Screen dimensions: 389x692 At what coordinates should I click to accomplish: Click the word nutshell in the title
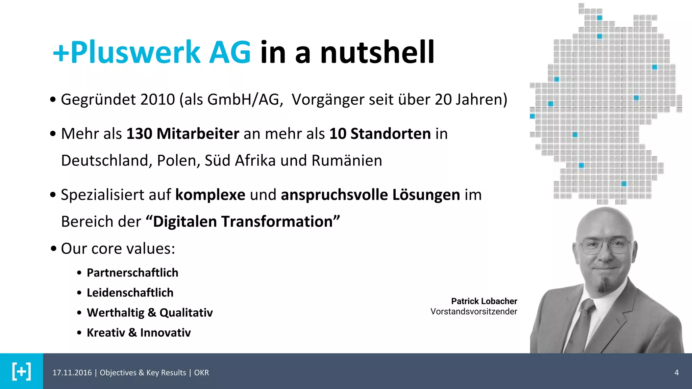[x=377, y=52]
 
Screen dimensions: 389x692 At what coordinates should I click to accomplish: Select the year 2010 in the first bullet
[x=157, y=100]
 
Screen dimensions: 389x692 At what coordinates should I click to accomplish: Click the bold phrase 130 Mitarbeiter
[x=183, y=134]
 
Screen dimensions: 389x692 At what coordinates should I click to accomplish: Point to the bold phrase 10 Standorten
[x=380, y=134]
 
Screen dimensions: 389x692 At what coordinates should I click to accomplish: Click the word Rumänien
[x=347, y=161]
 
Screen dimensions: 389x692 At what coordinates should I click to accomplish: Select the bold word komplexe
[x=210, y=195]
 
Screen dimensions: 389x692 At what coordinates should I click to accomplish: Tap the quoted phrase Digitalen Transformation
[x=243, y=222]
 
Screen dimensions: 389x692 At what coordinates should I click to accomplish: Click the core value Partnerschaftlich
[x=132, y=273]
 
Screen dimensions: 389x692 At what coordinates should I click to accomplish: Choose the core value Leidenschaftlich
[x=130, y=293]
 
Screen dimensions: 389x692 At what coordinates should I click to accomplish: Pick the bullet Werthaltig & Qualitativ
[x=150, y=313]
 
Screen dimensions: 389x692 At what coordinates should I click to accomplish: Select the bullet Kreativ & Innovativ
[x=139, y=333]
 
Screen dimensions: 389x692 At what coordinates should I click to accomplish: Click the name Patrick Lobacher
[x=484, y=301]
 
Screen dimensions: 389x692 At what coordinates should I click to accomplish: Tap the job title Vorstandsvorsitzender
[x=474, y=311]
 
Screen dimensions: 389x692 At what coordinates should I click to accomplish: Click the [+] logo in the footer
[x=22, y=371]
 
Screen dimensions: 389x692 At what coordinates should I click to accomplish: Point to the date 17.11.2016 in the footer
[x=72, y=373]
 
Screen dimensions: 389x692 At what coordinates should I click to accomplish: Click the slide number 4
[x=676, y=372]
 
